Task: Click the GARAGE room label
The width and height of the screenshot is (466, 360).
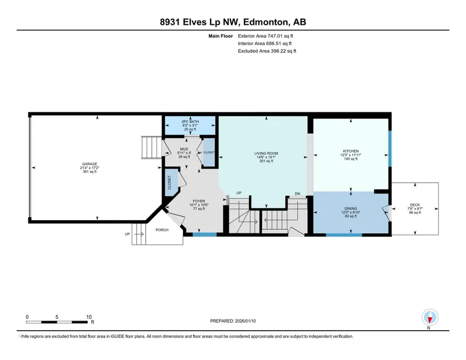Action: (89, 164)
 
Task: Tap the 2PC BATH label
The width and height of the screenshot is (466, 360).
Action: (190, 122)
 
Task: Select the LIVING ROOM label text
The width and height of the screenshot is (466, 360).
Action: (266, 153)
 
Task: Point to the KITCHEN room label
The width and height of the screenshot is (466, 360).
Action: (351, 151)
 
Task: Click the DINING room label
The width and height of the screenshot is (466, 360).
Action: (351, 208)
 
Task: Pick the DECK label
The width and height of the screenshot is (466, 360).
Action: (415, 205)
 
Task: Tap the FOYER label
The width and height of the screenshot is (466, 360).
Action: (199, 201)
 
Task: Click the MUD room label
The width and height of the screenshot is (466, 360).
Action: (184, 149)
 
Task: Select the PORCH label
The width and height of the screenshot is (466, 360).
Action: (162, 230)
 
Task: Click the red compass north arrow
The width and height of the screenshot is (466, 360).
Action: (429, 320)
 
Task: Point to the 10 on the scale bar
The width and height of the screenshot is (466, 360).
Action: (89, 317)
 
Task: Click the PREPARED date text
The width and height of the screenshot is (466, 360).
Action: (233, 321)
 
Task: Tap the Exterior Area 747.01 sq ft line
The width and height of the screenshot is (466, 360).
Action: (265, 36)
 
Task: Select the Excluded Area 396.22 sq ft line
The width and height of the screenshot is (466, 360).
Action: (267, 51)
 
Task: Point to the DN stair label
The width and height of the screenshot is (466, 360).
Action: (298, 194)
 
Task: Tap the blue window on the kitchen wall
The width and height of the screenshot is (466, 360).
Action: (390, 148)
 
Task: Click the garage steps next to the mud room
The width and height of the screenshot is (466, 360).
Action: (151, 147)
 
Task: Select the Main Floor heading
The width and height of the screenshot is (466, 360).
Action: (220, 36)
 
